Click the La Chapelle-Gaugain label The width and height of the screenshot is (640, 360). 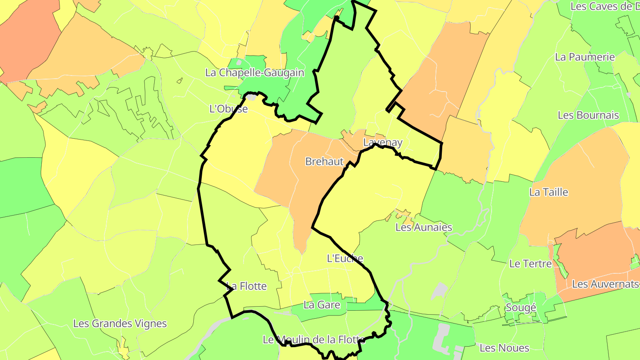coord(255,72)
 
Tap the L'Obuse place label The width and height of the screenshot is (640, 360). coord(228,108)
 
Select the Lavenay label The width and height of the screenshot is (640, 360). coord(383,143)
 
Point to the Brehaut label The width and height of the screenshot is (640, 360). coord(324,161)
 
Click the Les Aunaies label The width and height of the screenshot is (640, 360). coord(424,227)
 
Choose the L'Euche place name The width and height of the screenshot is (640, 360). coord(345,258)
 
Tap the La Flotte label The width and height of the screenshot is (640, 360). coord(247,286)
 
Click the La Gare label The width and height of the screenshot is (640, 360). coord(322,305)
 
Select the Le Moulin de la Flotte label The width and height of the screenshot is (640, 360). coord(314,340)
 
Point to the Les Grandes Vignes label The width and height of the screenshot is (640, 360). coord(120,324)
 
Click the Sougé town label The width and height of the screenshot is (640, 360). coord(521,308)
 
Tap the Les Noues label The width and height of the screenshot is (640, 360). coord(504,348)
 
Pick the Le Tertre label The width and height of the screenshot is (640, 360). coord(530,264)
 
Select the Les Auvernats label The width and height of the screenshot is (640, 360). coord(604,284)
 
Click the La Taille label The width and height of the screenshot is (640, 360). coord(548,192)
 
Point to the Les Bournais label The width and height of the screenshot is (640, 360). coord(588,115)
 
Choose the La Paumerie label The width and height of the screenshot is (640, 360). coord(585,57)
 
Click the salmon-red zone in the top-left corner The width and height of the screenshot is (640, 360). coord(27,40)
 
